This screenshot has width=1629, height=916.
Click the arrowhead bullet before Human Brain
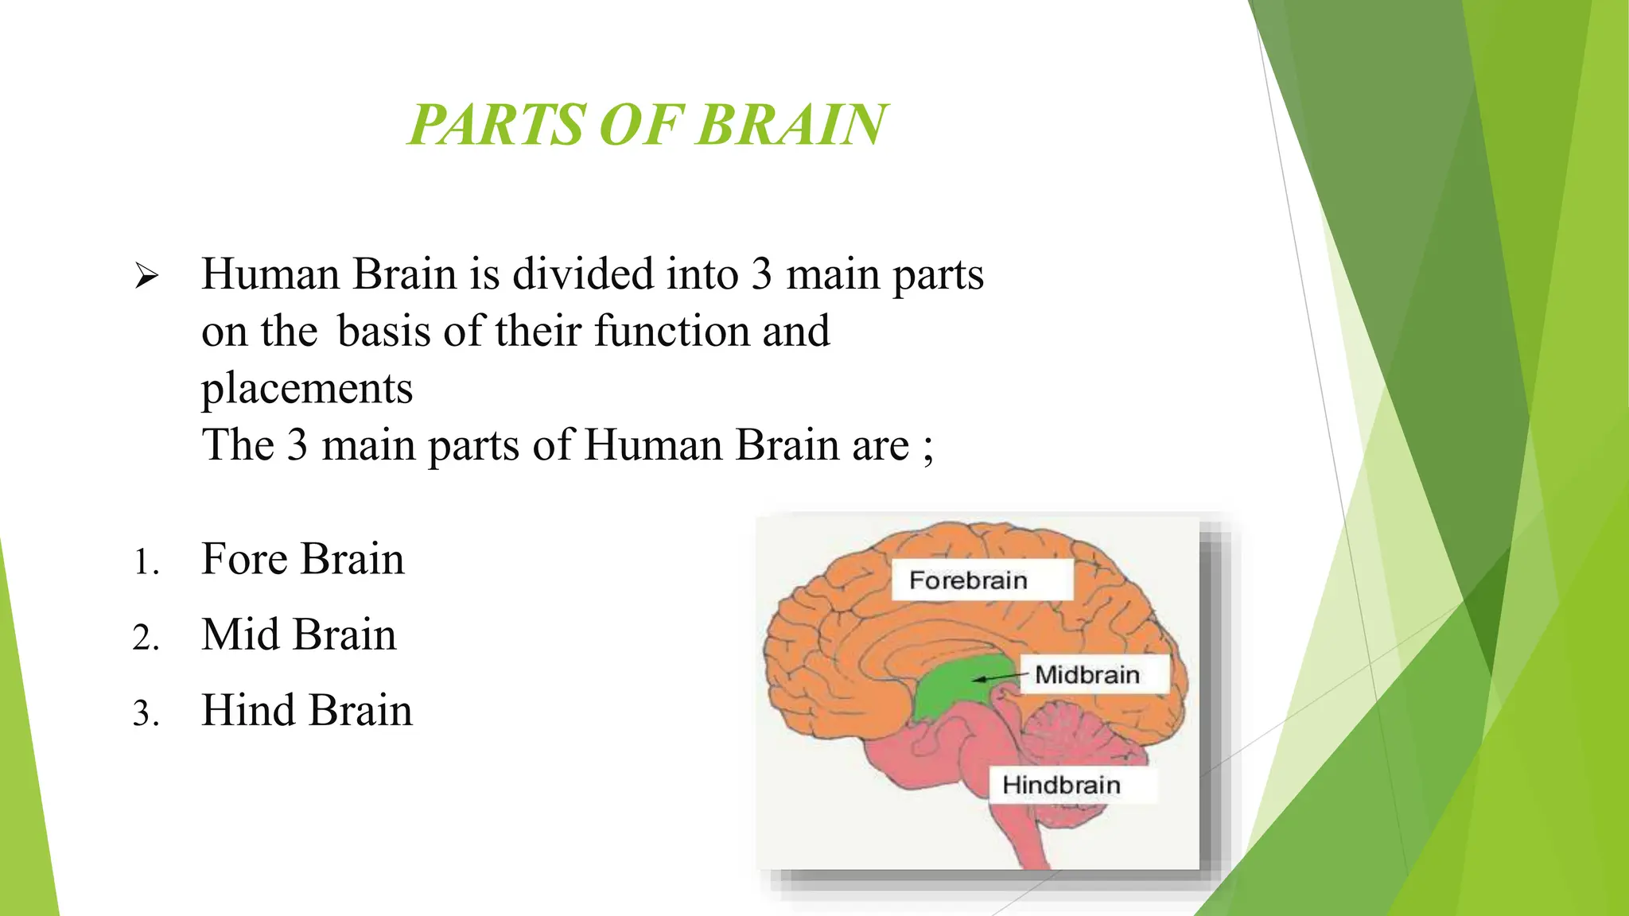(x=146, y=278)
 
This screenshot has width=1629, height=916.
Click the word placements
(x=307, y=389)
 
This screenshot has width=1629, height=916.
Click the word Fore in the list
(x=243, y=558)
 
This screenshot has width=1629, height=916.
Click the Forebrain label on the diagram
(x=968, y=580)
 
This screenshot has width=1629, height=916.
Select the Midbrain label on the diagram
(x=1087, y=675)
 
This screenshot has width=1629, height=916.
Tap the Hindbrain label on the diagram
(x=1061, y=785)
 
